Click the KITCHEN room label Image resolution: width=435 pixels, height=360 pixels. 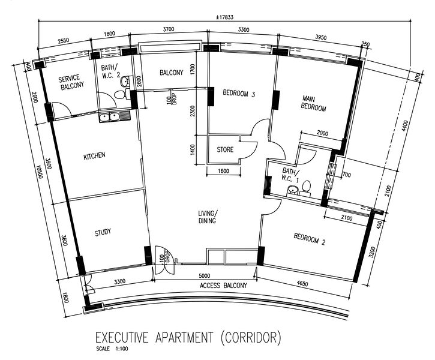(94, 155)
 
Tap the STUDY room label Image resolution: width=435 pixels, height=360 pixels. (103, 232)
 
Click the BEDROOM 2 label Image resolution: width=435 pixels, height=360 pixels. (309, 242)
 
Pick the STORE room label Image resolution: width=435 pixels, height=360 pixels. (225, 150)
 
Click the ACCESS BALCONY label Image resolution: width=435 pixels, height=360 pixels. (223, 286)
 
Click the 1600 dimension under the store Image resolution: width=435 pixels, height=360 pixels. (223, 171)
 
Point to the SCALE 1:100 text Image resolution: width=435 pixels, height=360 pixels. (112, 349)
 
